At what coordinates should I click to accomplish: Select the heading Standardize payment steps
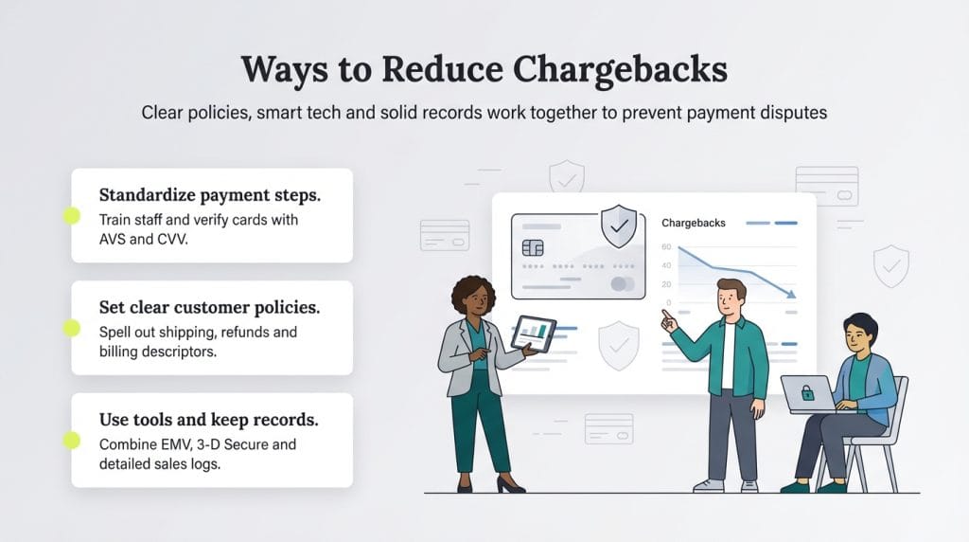pyautogui.click(x=209, y=195)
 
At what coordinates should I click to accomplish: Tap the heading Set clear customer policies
pyautogui.click(x=209, y=307)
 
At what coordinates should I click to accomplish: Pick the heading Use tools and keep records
pyautogui.click(x=209, y=419)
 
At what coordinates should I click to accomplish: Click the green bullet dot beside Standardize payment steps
pyautogui.click(x=72, y=215)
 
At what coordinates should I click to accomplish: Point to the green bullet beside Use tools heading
pyautogui.click(x=72, y=440)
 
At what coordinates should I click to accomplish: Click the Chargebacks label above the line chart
pyautogui.click(x=694, y=223)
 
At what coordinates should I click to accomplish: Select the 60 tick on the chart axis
pyautogui.click(x=666, y=248)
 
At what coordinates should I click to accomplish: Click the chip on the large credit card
pyautogui.click(x=532, y=247)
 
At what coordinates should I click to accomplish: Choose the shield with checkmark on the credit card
pyautogui.click(x=619, y=226)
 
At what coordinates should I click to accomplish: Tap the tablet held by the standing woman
pyautogui.click(x=534, y=334)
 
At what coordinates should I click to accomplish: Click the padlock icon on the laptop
pyautogui.click(x=808, y=391)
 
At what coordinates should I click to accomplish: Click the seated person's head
pyautogui.click(x=859, y=333)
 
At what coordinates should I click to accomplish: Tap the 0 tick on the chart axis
pyautogui.click(x=668, y=303)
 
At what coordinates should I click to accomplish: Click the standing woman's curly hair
pyautogui.click(x=473, y=294)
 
